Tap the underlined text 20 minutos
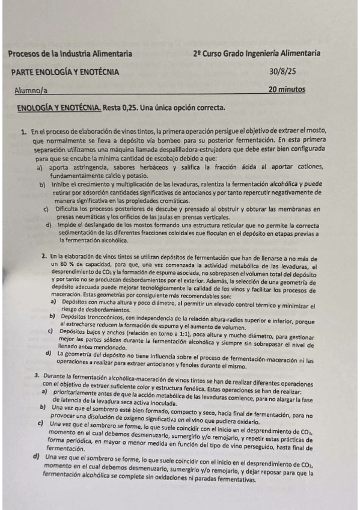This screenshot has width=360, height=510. coord(287,90)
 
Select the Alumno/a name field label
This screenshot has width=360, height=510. coord(32,91)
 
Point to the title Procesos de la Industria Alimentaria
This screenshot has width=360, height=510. coord(70,54)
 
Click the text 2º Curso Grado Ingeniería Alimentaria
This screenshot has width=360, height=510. coord(257,54)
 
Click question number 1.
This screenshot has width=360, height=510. coord(23,131)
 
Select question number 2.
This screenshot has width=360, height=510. coord(44,256)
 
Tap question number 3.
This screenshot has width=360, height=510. coord(37,375)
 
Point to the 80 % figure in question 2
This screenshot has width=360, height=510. coord(59,263)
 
